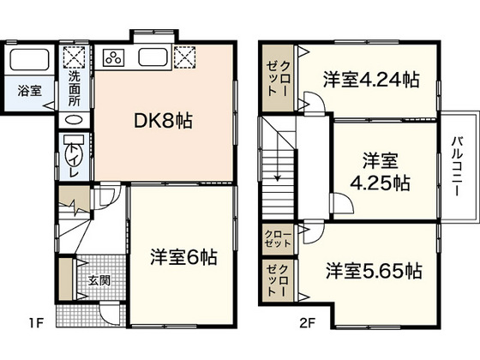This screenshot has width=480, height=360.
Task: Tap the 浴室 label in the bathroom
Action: tap(30, 88)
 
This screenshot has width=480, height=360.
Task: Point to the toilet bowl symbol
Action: tap(71, 154)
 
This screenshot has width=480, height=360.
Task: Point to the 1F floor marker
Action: tap(34, 323)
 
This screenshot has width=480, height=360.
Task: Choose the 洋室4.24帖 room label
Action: tap(371, 81)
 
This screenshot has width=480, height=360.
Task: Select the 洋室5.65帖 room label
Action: tap(373, 271)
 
